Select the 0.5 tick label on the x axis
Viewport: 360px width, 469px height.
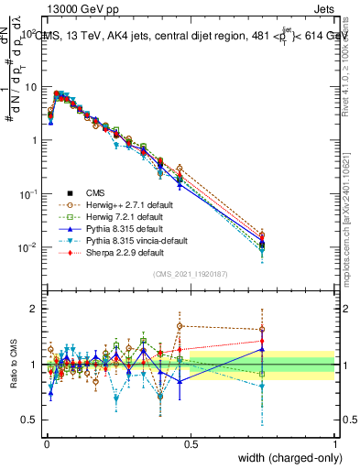[191, 442]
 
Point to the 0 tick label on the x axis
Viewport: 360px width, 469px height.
[46, 442]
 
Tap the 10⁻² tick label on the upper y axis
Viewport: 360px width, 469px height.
[28, 247]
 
